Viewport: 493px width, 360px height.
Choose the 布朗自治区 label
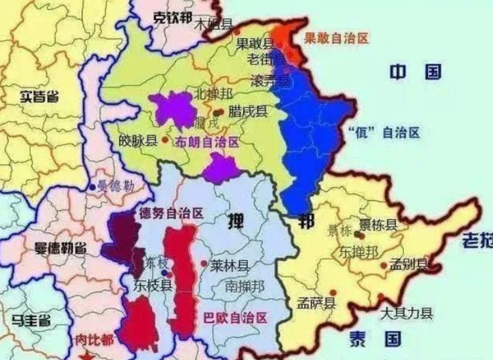click(x=207, y=142)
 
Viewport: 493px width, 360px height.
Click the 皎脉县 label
click(x=137, y=141)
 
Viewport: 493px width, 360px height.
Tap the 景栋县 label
click(x=378, y=225)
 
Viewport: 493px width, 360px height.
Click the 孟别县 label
click(x=409, y=265)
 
